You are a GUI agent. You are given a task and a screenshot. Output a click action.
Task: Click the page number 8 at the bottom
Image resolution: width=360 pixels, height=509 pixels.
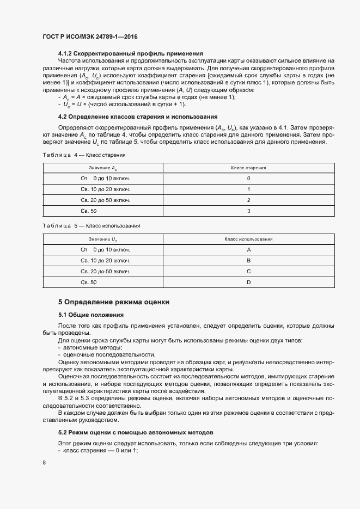click(x=44, y=462)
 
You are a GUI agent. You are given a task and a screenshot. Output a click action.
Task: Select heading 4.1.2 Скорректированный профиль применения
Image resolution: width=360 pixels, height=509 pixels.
click(x=131, y=53)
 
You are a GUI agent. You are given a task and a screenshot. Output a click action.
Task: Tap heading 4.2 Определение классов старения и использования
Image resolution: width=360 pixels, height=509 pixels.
click(x=138, y=116)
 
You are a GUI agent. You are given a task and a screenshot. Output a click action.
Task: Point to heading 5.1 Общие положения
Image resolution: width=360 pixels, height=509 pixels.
click(x=91, y=315)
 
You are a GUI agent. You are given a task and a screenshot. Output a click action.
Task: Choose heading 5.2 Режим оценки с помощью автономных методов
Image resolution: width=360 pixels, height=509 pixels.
click(x=136, y=432)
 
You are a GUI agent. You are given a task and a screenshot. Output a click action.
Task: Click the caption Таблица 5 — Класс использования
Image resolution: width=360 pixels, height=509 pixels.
click(x=91, y=225)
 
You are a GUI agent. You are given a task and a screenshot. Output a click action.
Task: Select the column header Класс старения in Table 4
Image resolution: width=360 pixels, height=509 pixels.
click(x=248, y=168)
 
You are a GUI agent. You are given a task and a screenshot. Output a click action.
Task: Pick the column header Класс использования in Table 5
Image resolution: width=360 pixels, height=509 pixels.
click(x=248, y=239)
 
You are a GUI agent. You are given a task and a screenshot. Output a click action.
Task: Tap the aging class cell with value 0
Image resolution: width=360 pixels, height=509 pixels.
click(x=248, y=179)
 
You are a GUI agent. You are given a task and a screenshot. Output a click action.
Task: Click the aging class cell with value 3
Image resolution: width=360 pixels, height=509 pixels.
click(x=248, y=211)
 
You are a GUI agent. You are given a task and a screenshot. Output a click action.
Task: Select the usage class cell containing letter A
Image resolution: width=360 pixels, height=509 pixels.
click(x=248, y=249)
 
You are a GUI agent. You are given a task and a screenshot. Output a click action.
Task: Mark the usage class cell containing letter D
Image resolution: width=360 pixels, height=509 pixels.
click(x=248, y=282)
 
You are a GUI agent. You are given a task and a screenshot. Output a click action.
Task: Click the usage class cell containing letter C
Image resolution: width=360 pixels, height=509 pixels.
click(x=248, y=271)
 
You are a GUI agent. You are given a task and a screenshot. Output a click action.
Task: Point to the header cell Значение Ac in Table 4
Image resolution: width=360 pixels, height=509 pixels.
click(x=103, y=168)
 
